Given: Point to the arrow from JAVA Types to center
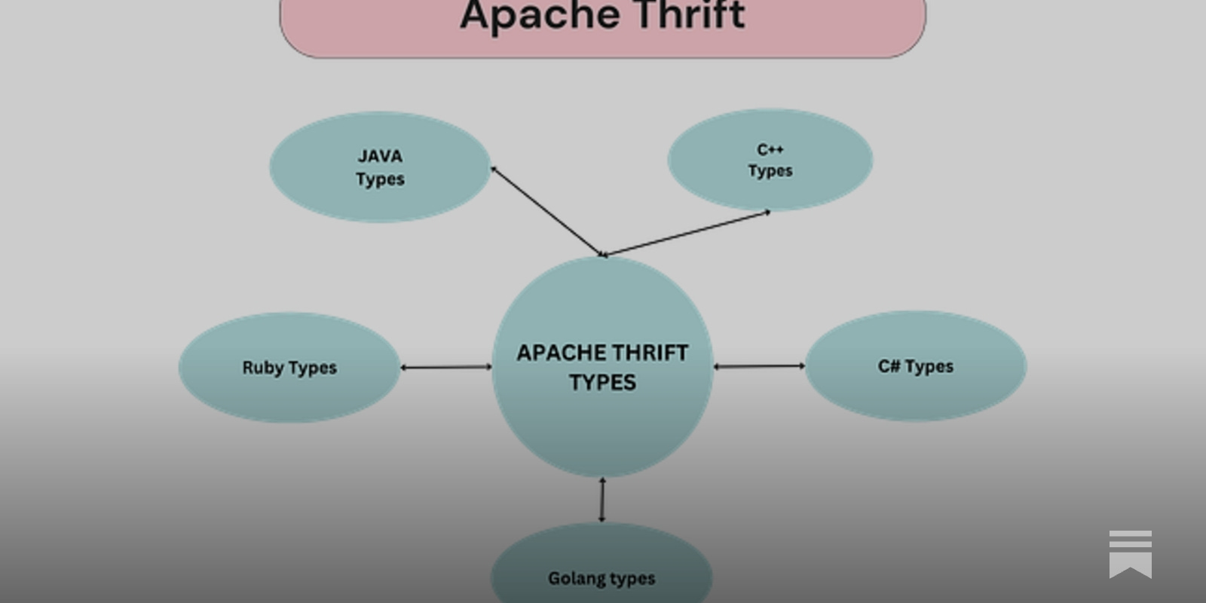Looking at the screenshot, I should click(x=546, y=211).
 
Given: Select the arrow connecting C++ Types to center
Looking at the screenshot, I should click(x=686, y=234).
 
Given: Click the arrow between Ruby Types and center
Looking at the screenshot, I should click(x=445, y=367).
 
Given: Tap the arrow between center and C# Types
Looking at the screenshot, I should click(x=759, y=366).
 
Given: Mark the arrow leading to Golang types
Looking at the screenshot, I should click(x=601, y=500).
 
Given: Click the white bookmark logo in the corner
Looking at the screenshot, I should click(x=1130, y=554).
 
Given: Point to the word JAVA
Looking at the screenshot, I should click(x=380, y=156).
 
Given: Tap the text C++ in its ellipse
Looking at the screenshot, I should click(x=770, y=149).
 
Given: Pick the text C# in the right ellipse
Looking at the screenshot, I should click(x=889, y=366).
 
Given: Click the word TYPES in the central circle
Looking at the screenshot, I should click(x=602, y=383).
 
